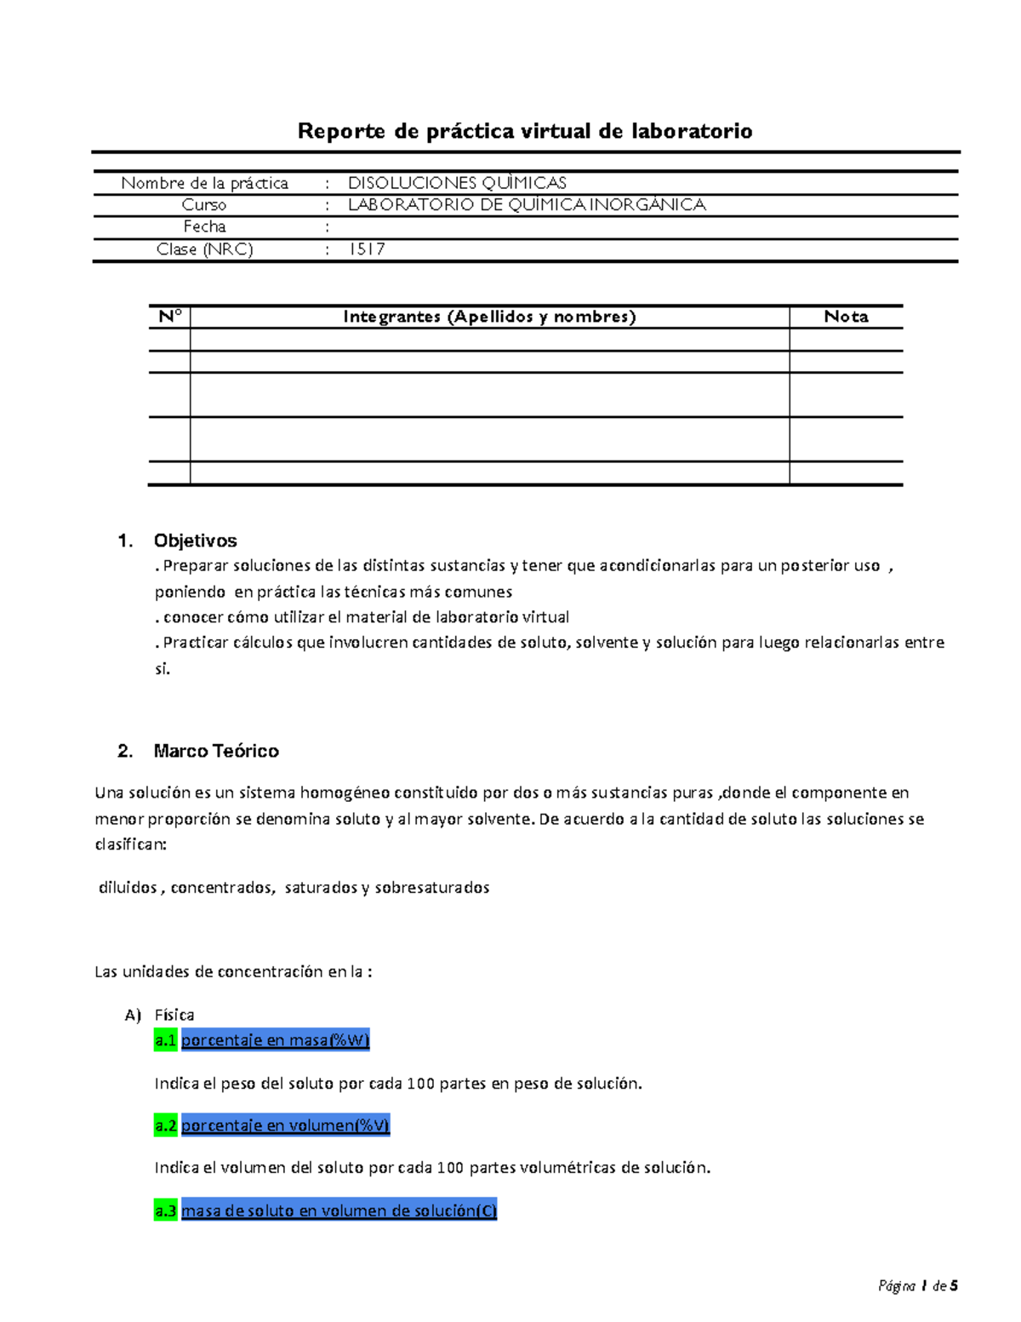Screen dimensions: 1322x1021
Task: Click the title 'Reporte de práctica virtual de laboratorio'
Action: point(524,131)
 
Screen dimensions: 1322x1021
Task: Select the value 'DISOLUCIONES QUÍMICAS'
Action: point(457,183)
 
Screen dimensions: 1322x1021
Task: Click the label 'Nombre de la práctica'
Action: point(204,183)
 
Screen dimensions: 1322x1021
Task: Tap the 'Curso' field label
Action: point(204,205)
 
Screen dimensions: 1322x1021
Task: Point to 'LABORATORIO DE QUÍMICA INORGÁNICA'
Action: point(527,205)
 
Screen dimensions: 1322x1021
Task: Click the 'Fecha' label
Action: point(204,226)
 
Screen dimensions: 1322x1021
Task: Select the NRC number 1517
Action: point(367,249)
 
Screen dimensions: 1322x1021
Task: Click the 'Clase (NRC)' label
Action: point(204,249)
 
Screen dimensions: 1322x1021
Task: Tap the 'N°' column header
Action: point(169,317)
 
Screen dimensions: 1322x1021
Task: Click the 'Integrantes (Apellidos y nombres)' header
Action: point(489,317)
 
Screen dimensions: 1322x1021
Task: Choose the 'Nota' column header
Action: point(846,317)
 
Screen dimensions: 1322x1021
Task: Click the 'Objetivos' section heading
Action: point(195,541)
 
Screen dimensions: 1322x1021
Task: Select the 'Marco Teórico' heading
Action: point(216,751)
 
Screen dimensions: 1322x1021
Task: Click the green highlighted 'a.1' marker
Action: point(165,1040)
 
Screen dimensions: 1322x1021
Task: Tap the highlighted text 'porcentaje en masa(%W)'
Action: point(275,1040)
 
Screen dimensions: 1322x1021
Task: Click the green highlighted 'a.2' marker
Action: point(165,1125)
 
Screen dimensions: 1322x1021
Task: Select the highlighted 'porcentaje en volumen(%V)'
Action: point(285,1125)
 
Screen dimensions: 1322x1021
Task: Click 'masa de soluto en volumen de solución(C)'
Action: point(339,1210)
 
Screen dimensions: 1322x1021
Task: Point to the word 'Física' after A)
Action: point(174,1015)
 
